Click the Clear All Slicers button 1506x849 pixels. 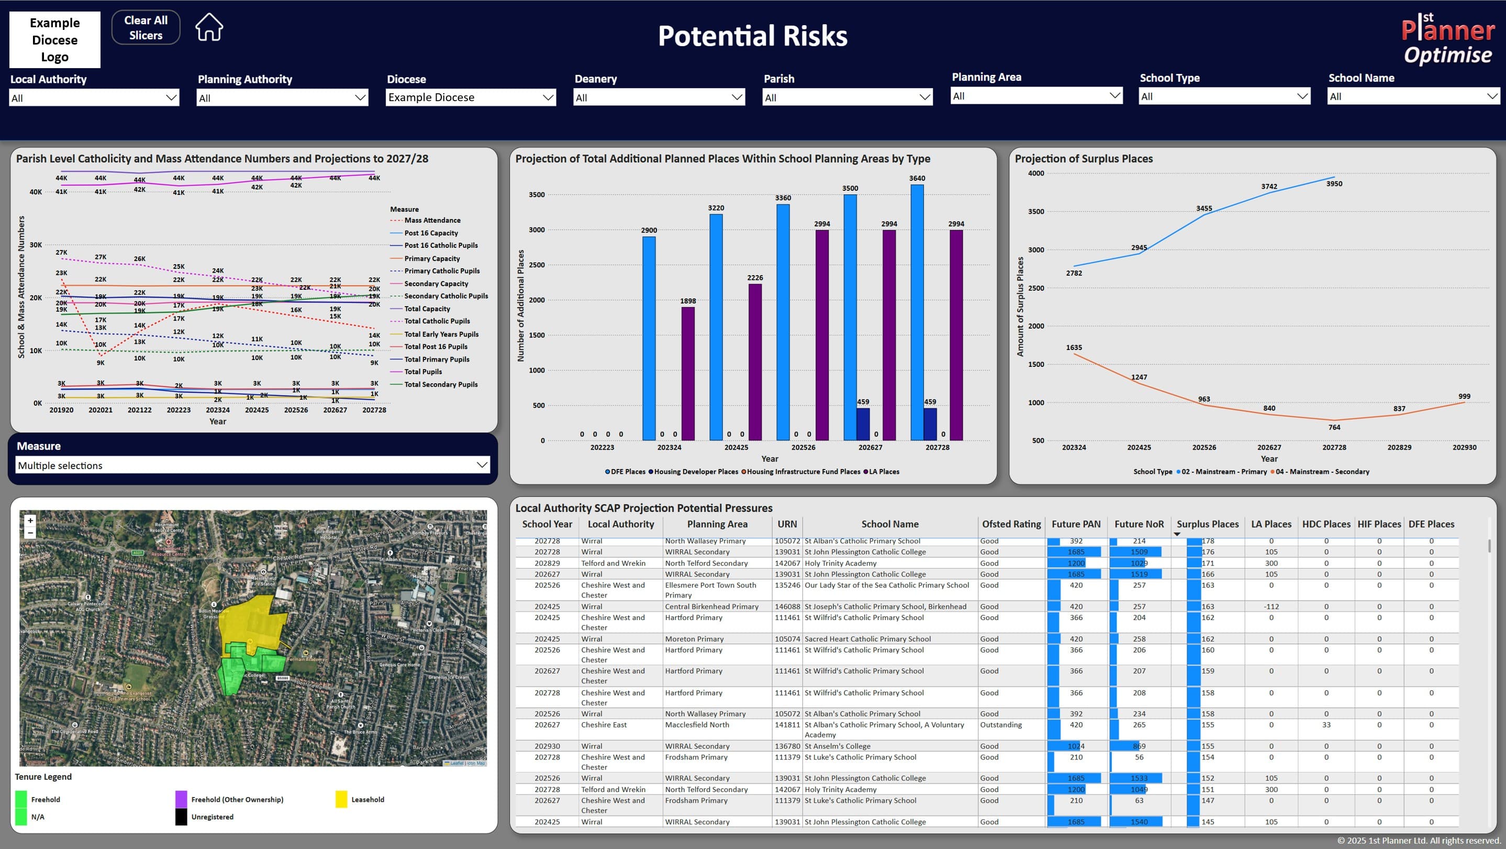click(146, 27)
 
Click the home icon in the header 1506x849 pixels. click(209, 27)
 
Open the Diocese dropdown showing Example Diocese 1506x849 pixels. click(471, 97)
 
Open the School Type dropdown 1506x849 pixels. click(1224, 96)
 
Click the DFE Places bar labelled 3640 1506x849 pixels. click(917, 312)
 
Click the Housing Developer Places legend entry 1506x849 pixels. click(695, 472)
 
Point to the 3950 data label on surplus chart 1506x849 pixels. click(1334, 184)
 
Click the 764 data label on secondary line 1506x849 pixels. click(1334, 427)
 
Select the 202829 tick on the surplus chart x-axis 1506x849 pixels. click(1399, 447)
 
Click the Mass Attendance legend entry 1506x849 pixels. click(432, 221)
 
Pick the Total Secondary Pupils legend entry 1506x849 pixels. click(441, 385)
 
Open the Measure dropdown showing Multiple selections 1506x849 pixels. click(252, 465)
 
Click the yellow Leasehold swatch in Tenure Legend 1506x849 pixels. click(341, 799)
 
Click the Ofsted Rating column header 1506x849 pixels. click(1011, 524)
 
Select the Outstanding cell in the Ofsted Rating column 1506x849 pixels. click(1001, 724)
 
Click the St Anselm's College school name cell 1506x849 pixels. click(837, 746)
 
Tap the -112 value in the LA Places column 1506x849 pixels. click(1271, 607)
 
